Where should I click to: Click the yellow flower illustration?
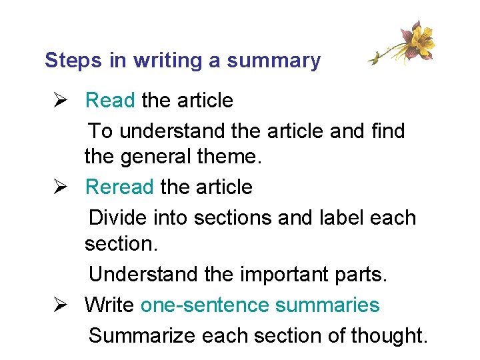415,41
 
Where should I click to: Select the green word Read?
111,101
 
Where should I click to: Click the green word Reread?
119,187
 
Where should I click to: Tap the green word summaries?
327,305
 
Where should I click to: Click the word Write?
110,305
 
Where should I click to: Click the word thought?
390,335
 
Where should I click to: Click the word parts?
363,274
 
